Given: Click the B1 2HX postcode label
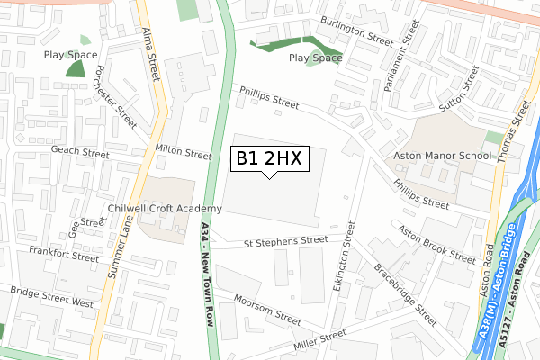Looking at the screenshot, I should click(271, 159).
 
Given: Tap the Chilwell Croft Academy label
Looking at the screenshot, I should click(164, 208).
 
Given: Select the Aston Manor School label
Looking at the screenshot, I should click(443, 156).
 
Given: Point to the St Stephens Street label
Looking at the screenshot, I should click(286, 241).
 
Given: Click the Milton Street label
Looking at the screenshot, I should click(183, 154).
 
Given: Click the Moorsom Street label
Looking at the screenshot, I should click(266, 308).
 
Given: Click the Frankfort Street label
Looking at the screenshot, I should click(63, 253).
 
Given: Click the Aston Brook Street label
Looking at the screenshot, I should click(436, 244).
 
